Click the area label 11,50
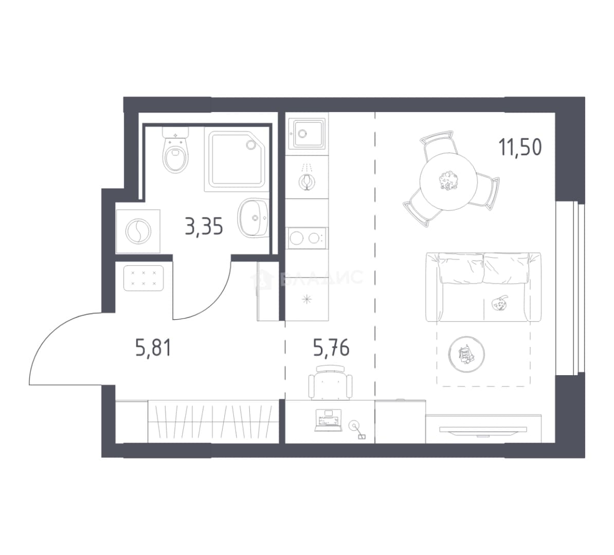[520, 147]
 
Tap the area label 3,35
[204, 227]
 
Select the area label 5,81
[153, 347]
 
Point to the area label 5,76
[331, 347]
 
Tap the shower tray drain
[250, 144]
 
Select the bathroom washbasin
[253, 217]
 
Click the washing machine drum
[138, 231]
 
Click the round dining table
[447, 181]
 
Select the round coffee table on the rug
[466, 354]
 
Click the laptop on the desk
[328, 420]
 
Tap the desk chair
[330, 382]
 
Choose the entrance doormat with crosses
[143, 278]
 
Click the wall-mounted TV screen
[483, 430]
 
